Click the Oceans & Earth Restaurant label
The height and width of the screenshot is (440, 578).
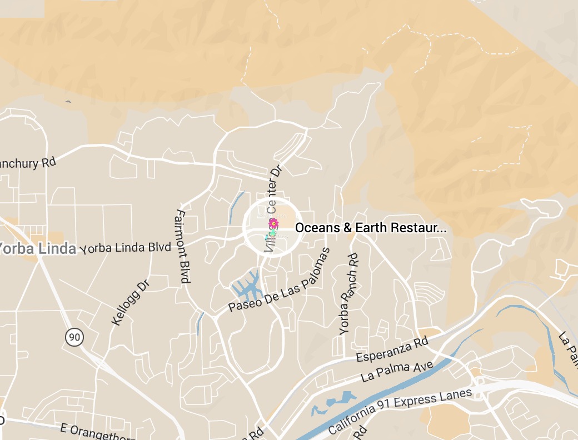click(370, 228)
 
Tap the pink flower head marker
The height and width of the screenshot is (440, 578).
click(273, 223)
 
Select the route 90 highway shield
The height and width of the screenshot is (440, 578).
click(73, 336)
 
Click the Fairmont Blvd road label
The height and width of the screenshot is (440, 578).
click(181, 247)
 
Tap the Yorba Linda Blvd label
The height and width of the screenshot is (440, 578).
click(126, 248)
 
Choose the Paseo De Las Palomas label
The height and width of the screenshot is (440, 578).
click(280, 281)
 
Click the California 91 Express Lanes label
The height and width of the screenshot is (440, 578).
click(400, 411)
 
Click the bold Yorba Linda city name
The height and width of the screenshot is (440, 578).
click(38, 248)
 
